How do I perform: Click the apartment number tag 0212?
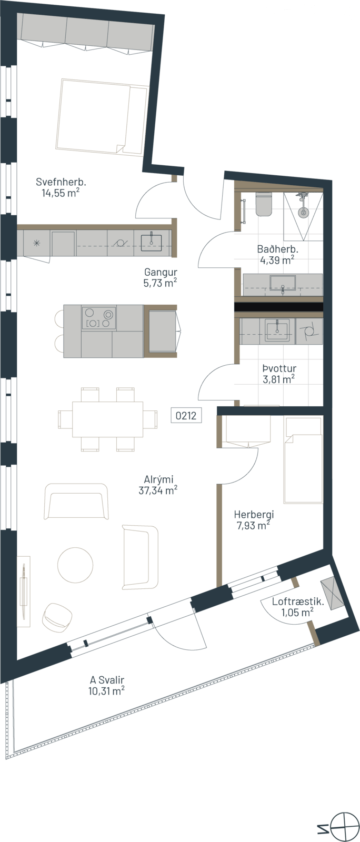pyautogui.click(x=186, y=416)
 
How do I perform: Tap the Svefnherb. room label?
pyautogui.click(x=61, y=182)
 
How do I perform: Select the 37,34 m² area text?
pyautogui.click(x=158, y=490)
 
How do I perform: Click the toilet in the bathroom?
pyautogui.click(x=264, y=204)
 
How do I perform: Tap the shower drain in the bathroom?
pyautogui.click(x=303, y=213)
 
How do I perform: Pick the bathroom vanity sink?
pyautogui.click(x=283, y=283)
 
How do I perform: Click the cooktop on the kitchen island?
pyautogui.click(x=99, y=318)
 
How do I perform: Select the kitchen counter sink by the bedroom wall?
pyautogui.click(x=151, y=243)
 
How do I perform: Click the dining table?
pyautogui.click(x=108, y=419)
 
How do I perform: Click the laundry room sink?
pyautogui.click(x=277, y=331)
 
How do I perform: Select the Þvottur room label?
pyautogui.click(x=279, y=368)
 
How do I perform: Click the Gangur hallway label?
pyautogui.click(x=161, y=273)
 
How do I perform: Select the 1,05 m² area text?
pyautogui.click(x=297, y=613)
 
